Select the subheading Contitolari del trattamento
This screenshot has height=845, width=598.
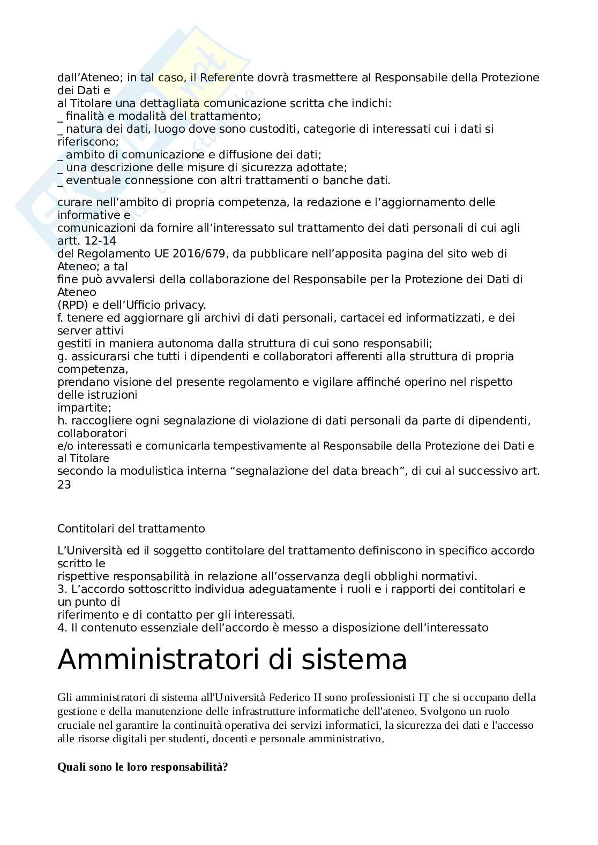click(x=131, y=529)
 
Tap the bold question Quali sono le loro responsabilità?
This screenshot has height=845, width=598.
click(x=143, y=767)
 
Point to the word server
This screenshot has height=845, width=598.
click(x=73, y=331)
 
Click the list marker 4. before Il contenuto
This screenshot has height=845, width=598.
click(x=62, y=628)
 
